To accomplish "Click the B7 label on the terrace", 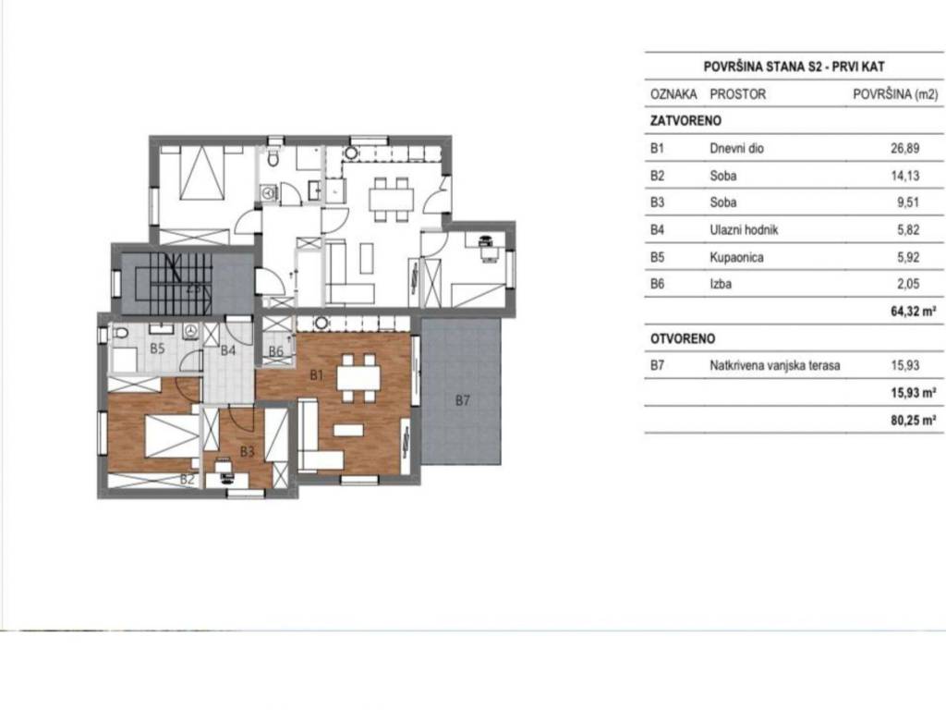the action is point(462,400).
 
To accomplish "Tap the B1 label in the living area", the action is point(317,375).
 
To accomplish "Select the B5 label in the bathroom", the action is point(157,349).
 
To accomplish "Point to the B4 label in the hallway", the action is point(227,350).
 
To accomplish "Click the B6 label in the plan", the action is point(275,351).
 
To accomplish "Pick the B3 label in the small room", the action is point(248,451).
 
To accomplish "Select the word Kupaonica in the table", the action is point(736,257).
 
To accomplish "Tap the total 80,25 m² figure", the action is point(914,421).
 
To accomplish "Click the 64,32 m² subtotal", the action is point(914,312).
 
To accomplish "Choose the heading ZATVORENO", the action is point(685,121).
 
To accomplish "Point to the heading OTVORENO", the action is point(683,338).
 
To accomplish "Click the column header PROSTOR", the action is point(738,94).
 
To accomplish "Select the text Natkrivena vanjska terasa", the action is point(775,365).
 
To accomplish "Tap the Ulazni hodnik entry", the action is point(744,230).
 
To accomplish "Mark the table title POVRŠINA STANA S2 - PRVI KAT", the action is point(794,67).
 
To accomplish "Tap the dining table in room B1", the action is point(358,379).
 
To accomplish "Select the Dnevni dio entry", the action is point(736,149).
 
